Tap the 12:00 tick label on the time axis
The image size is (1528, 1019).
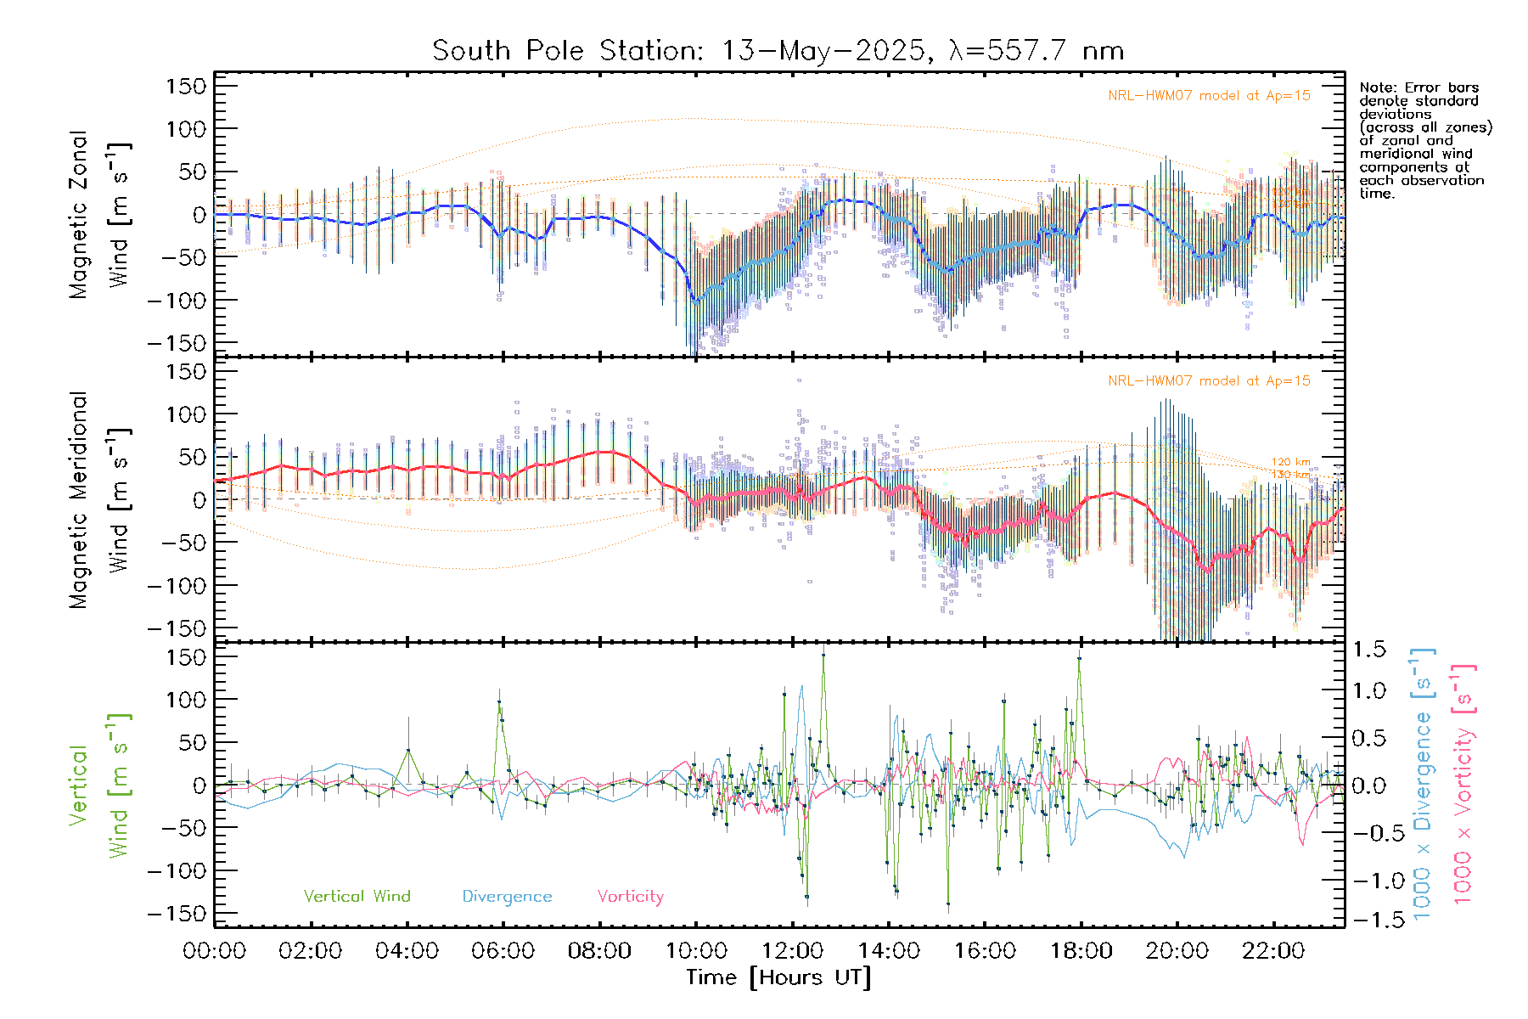[792, 951]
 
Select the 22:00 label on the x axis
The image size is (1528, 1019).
[1273, 951]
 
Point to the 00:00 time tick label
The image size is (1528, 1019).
[215, 951]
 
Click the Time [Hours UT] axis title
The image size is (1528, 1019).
[778, 978]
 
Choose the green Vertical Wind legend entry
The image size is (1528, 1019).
[357, 897]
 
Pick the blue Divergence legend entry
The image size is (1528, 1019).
[507, 897]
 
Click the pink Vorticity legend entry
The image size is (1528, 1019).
[630, 897]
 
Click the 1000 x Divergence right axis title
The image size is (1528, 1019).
[1423, 783]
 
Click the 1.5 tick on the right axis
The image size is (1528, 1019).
[1368, 650]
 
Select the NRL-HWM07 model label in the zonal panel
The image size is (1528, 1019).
[1209, 96]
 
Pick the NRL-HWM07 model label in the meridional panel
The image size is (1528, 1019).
[1209, 381]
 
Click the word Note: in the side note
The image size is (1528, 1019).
[1379, 87]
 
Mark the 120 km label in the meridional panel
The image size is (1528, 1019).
[1290, 462]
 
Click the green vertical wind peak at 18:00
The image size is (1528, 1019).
[1079, 658]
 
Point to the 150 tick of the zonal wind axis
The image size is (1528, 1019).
[186, 86]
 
